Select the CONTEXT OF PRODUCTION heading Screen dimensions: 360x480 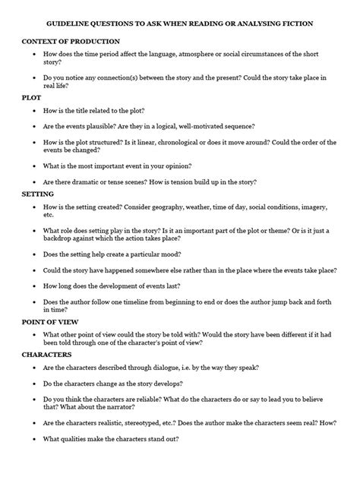71,40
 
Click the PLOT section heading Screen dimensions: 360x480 33,98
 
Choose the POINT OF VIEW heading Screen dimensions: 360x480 55,321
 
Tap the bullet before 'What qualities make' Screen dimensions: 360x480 27,437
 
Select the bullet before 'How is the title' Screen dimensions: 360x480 27,111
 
